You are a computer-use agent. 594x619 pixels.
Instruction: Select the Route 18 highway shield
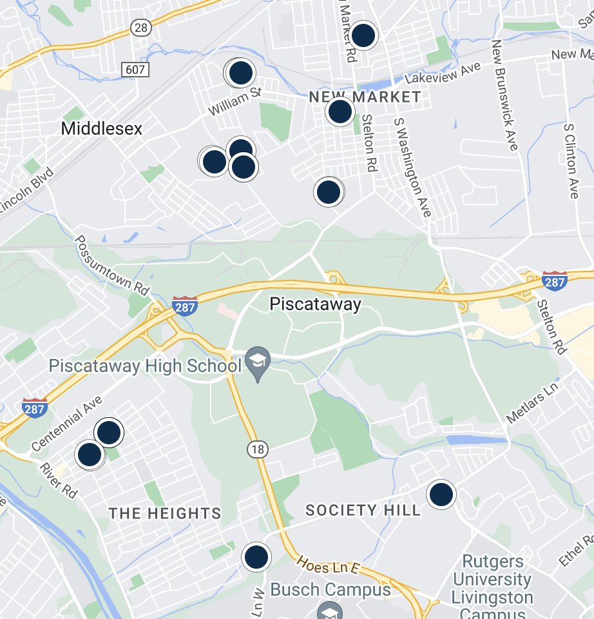coord(258,449)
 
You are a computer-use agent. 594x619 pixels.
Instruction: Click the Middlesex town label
coord(102,128)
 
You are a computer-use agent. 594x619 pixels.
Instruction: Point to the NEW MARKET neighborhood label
coord(365,97)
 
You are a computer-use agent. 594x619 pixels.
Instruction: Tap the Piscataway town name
coord(315,304)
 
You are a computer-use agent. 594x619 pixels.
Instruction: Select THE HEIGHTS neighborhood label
coord(165,513)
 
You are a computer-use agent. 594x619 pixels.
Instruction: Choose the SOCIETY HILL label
coord(363,511)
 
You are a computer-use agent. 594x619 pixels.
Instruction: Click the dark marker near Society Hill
coord(441,495)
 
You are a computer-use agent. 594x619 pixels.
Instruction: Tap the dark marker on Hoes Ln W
coord(256,556)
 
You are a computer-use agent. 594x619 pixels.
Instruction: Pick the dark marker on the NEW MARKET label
coord(340,112)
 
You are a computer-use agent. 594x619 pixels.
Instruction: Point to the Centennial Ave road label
coord(66,423)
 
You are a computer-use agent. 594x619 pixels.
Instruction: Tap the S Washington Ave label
coord(412,166)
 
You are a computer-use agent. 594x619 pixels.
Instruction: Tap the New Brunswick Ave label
coord(504,95)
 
